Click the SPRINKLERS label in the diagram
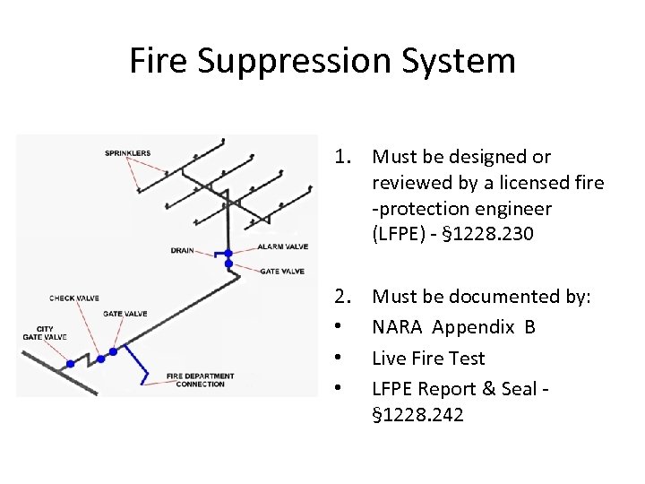point(127,153)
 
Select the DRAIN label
point(182,251)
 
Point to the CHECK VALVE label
point(74,298)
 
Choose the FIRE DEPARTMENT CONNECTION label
point(200,380)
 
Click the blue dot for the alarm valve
point(228,254)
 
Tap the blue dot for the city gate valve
point(71,364)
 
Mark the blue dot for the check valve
point(100,358)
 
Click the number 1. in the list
point(348,158)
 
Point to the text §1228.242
point(418,415)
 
